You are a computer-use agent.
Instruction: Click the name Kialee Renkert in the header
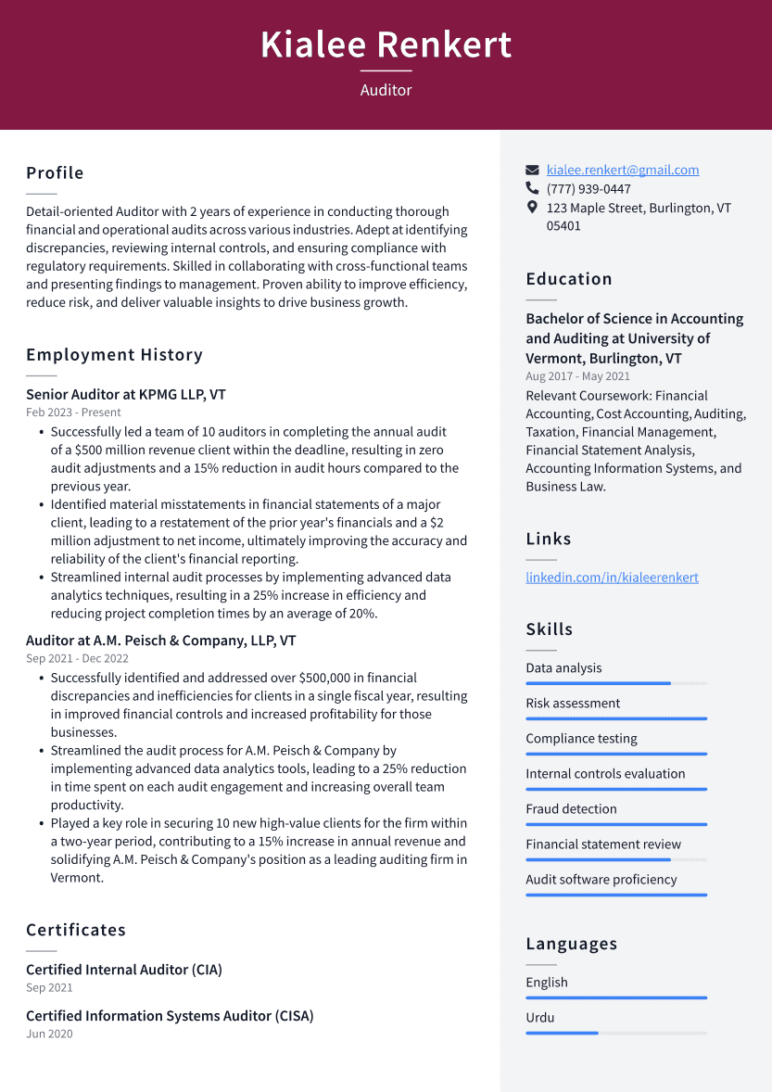point(386,44)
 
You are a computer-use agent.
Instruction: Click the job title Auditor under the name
point(386,90)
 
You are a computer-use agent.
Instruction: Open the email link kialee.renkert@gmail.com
point(622,170)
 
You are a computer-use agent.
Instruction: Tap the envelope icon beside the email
point(532,171)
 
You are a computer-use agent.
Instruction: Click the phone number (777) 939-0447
point(588,189)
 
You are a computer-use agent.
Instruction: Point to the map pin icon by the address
point(532,208)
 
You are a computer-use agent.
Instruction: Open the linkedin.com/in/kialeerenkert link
point(612,578)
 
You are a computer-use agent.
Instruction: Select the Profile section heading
point(55,173)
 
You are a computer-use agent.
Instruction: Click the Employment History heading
point(114,355)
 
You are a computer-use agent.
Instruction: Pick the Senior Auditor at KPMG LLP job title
point(126,395)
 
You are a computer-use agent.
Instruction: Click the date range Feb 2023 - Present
point(73,413)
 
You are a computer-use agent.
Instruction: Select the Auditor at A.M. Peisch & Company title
point(161,641)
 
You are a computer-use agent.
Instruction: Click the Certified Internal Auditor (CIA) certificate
point(124,970)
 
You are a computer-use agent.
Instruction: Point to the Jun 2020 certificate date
point(49,1034)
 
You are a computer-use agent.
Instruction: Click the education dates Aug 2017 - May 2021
point(577,376)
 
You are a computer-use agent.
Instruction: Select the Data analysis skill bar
point(616,683)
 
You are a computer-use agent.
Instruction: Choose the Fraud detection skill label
point(571,809)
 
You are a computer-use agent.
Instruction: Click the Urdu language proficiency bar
point(616,1033)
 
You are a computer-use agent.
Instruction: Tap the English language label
point(547,983)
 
